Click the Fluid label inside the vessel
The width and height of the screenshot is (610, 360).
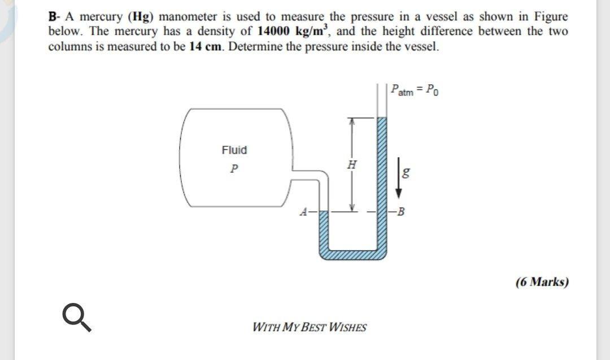pos(234,150)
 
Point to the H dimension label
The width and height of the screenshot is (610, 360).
pos(352,164)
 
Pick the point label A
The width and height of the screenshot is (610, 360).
pos(304,213)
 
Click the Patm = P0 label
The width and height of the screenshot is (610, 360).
pos(413,89)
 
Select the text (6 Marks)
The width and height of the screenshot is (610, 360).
pos(541,281)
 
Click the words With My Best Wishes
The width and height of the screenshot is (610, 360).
pos(310,327)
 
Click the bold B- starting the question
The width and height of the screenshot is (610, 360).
pos(55,17)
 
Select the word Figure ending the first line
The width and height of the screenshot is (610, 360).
pos(548,17)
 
